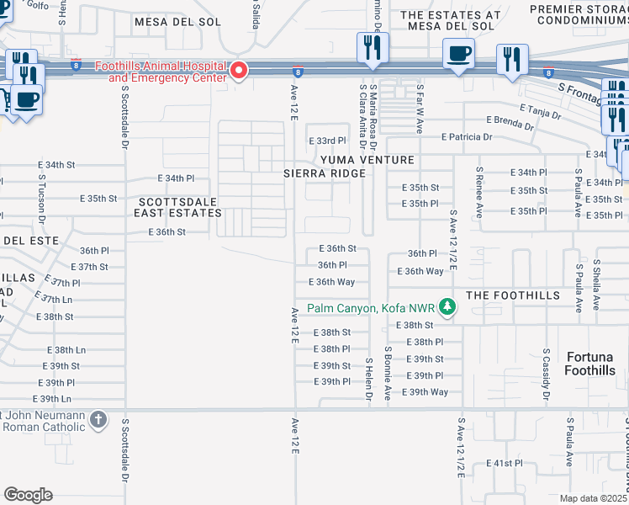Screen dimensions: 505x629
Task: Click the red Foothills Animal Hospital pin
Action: pyautogui.click(x=239, y=71)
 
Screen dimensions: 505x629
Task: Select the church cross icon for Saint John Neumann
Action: pyautogui.click(x=98, y=419)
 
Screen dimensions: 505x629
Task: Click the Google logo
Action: pyautogui.click(x=28, y=495)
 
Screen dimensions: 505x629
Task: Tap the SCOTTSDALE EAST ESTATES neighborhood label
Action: pyautogui.click(x=178, y=208)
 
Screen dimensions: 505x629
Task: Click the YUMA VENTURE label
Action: pyautogui.click(x=367, y=160)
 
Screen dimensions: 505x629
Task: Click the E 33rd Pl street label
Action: pyautogui.click(x=327, y=141)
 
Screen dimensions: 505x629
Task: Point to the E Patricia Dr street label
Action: pyautogui.click(x=459, y=137)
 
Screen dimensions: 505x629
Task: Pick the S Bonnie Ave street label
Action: pyautogui.click(x=388, y=372)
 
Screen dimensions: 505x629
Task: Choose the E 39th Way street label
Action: pyautogui.click(x=425, y=392)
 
